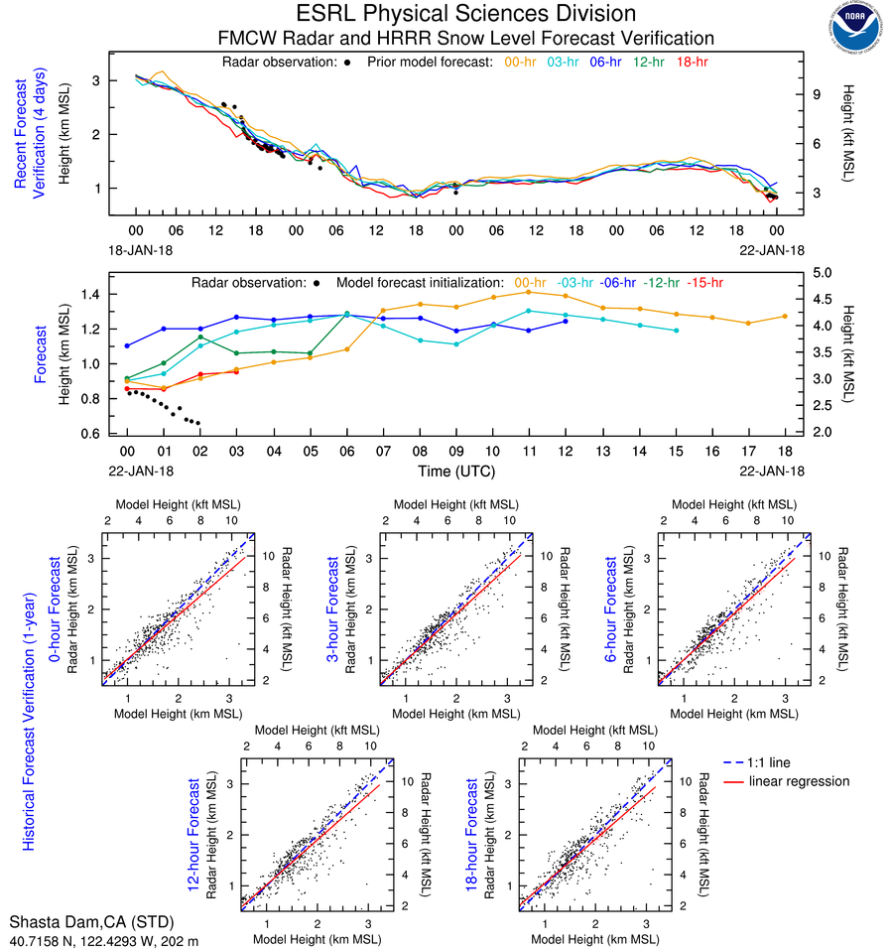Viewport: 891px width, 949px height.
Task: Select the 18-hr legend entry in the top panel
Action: pos(692,63)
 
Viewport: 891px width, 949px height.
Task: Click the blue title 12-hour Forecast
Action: pos(194,831)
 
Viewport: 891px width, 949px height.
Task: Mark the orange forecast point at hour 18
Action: pos(784,317)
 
